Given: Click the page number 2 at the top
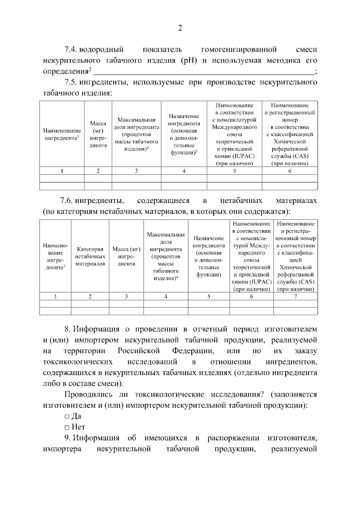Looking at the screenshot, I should [180, 29].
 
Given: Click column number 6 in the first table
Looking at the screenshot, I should [289, 170].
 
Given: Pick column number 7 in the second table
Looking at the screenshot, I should [295, 296].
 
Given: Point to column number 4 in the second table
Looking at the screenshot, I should [165, 296].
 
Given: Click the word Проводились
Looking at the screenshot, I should [92, 394].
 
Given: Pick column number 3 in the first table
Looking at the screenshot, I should [136, 170].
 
